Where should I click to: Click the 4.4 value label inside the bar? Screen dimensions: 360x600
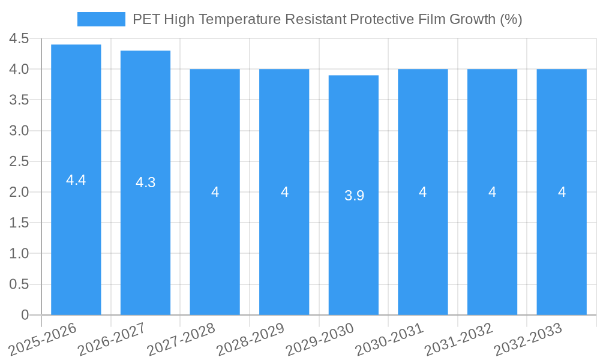(76, 180)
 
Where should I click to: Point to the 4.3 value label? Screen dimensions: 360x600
(145, 183)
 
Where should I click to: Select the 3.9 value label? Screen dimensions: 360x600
(354, 196)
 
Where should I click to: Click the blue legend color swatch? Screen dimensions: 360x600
(101, 19)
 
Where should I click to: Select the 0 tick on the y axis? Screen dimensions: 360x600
(25, 315)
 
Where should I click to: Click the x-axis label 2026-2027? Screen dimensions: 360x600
(112, 340)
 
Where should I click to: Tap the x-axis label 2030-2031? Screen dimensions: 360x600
(389, 340)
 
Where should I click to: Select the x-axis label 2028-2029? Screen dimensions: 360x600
(250, 340)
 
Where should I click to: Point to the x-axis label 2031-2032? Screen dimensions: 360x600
(458, 340)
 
